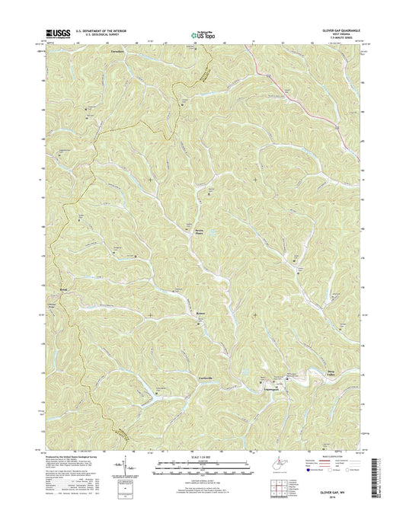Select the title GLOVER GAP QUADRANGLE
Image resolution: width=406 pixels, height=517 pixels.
click(x=340, y=30)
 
